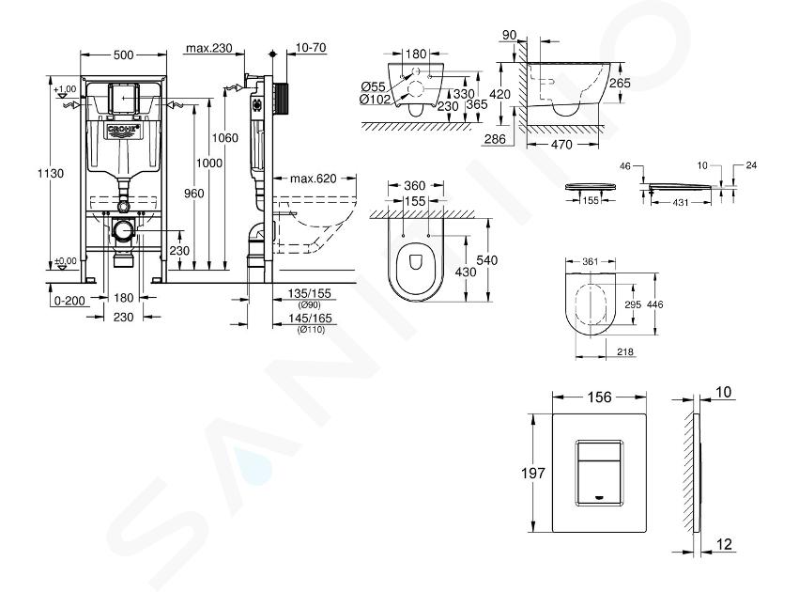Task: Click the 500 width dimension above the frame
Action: [x=123, y=55]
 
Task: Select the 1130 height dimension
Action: [x=51, y=173]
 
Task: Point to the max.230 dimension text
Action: [x=209, y=48]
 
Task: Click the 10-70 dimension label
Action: [x=311, y=47]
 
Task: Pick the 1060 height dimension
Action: [x=224, y=138]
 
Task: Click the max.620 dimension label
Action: [x=314, y=179]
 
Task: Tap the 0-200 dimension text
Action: [x=69, y=301]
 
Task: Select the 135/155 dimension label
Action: [x=309, y=293]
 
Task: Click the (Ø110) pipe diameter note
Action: [x=311, y=329]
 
